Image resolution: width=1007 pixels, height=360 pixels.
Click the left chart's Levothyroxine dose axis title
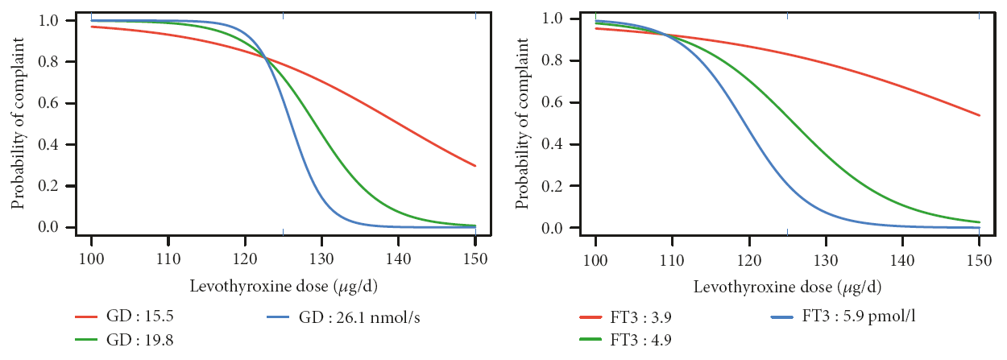(x=282, y=287)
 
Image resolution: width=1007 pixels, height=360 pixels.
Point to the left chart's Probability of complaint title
(x=18, y=125)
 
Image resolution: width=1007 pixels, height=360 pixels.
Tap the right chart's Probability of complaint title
(x=522, y=125)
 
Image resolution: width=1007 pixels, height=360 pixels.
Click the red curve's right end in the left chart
(x=475, y=166)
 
